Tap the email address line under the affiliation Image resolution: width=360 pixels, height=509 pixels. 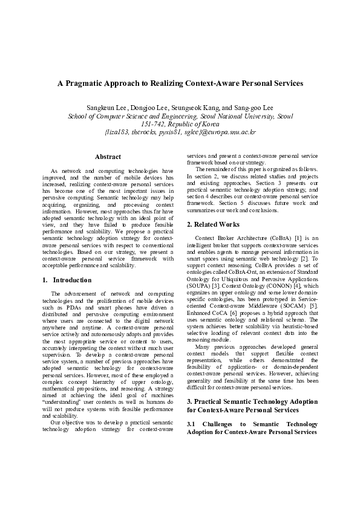pos(180,131)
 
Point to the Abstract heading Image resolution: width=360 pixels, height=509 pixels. pos(108,157)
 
